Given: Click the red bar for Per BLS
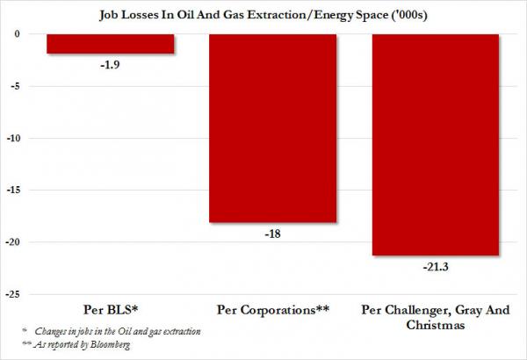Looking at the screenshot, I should point(110,44).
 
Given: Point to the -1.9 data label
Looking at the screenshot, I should point(110,65).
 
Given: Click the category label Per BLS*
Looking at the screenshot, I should point(110,309).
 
